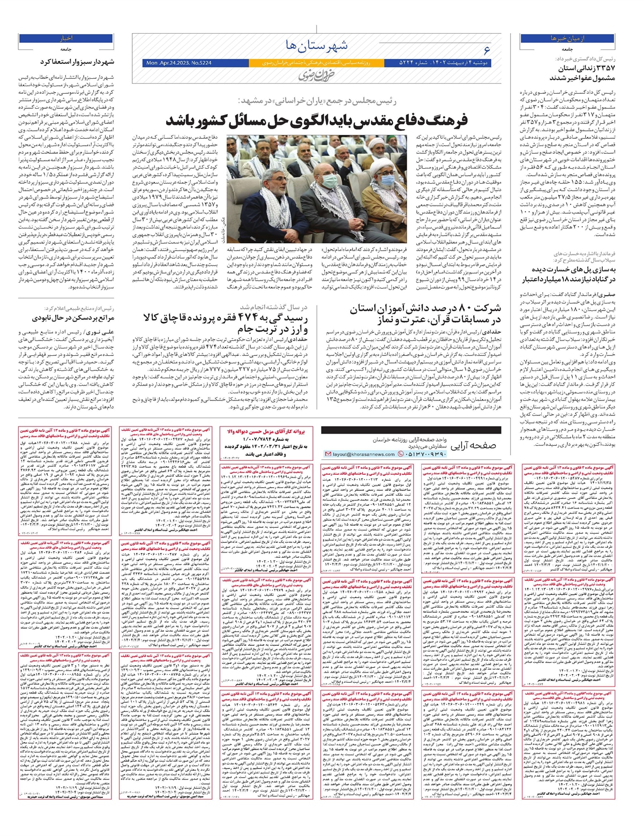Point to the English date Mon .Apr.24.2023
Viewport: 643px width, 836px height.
pyautogui.click(x=178, y=63)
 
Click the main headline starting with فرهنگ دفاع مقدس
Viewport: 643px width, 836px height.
pyautogui.click(x=317, y=119)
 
